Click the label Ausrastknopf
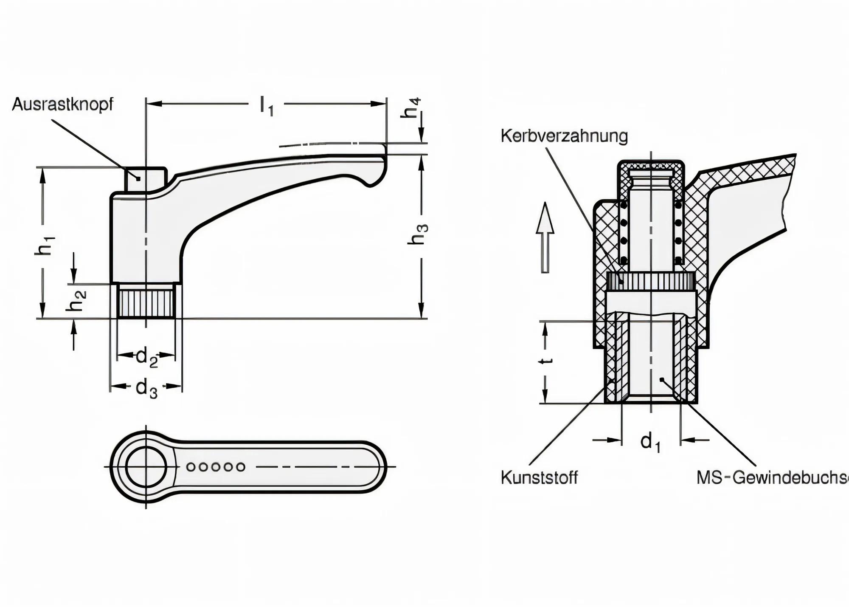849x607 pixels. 63,104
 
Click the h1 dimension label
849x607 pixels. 45,245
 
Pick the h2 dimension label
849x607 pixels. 76,301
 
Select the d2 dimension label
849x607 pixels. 146,357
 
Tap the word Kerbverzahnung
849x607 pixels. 564,136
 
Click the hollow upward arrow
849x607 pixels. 545,238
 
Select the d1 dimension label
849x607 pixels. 650,442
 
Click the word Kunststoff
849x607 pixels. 539,477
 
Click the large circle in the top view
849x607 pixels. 146,467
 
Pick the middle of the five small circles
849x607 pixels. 216,467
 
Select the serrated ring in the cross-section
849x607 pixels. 650,281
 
